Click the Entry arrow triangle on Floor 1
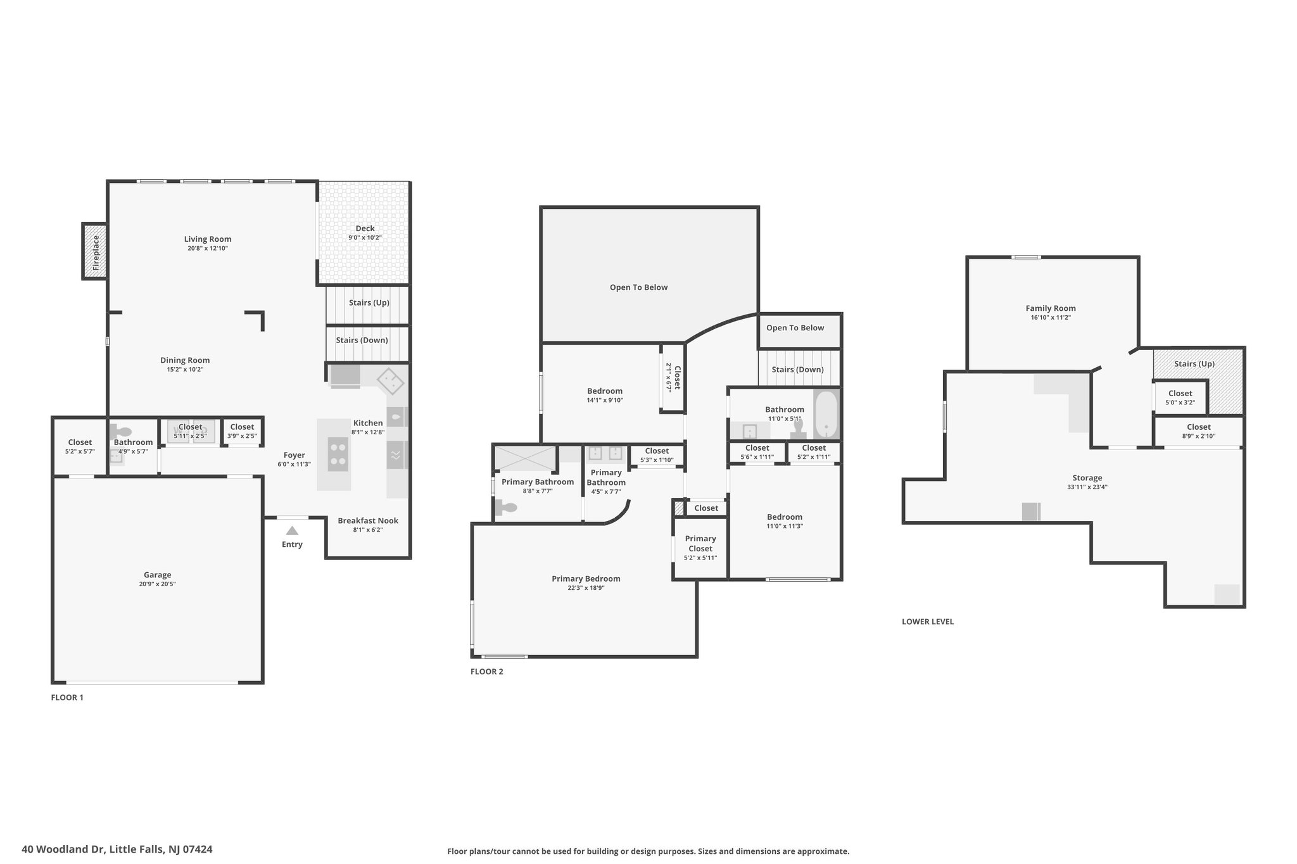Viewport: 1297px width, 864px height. [292, 530]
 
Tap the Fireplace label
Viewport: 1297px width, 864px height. [96, 253]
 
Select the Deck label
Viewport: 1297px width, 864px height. [365, 229]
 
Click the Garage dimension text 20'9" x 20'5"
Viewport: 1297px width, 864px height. [157, 584]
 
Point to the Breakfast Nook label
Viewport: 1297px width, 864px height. [368, 521]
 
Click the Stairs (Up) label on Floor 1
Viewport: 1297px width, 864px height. [369, 303]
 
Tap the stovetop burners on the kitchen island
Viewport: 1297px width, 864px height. [338, 454]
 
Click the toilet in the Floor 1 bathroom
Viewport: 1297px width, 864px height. [121, 432]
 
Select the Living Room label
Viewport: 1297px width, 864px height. [208, 239]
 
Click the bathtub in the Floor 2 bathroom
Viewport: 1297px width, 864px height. [826, 415]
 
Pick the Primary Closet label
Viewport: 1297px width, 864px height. [700, 544]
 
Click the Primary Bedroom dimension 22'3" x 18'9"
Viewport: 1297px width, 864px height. [586, 588]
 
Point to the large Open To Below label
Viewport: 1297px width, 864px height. [638, 287]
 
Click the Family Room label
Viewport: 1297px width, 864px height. [1051, 309]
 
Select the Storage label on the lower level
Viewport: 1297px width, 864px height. [1087, 478]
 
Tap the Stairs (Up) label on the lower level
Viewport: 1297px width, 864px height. [1194, 364]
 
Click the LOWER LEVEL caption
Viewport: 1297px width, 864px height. [928, 622]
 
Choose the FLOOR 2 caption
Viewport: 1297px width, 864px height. [487, 672]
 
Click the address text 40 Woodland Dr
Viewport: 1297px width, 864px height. [63, 849]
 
